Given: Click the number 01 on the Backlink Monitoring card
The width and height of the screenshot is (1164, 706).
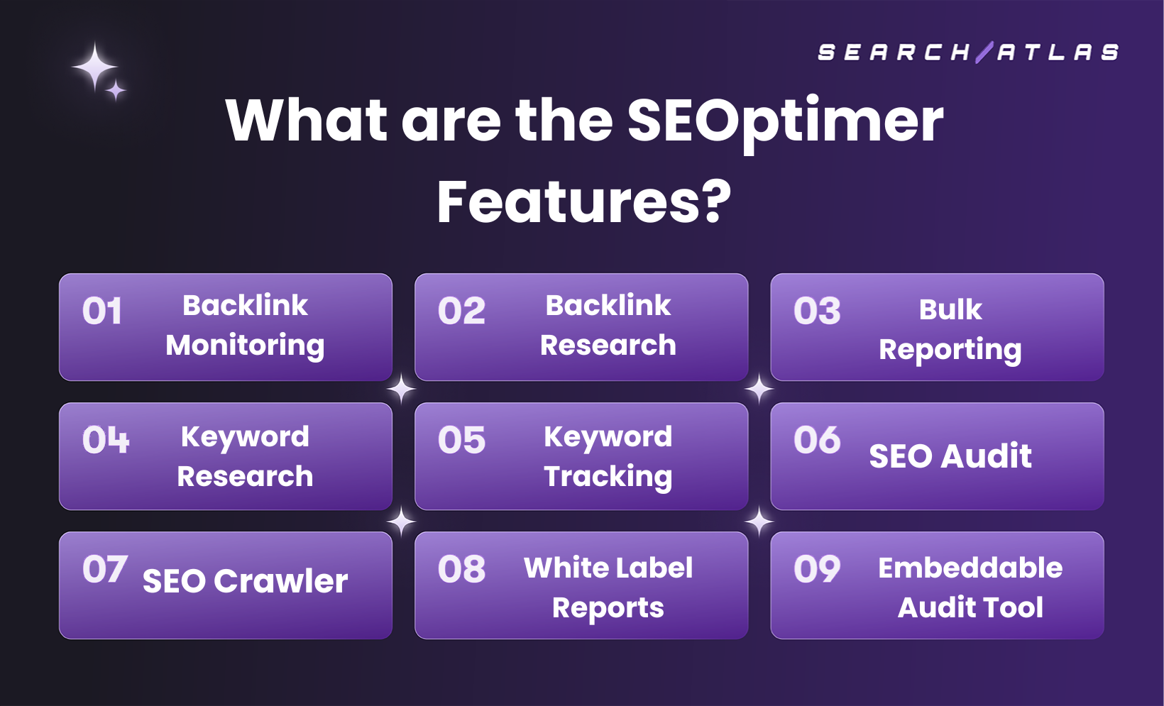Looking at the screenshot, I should pos(102,311).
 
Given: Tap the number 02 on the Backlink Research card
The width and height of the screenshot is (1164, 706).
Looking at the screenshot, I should pos(461,311).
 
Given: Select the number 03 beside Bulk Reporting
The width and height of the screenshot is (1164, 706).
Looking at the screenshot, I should pos(817,311).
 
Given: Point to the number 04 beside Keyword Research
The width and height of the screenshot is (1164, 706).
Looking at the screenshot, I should pos(106,441).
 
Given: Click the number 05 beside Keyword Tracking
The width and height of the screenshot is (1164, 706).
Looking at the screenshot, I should pos(461,441).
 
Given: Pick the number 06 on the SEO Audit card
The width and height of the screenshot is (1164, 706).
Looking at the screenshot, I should pos(817,441).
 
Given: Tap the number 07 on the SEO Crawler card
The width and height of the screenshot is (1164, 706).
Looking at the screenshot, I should pos(105,570).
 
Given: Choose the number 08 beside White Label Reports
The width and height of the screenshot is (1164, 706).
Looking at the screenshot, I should pos(461,570).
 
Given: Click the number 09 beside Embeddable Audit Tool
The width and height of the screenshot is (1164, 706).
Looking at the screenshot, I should pos(817,570).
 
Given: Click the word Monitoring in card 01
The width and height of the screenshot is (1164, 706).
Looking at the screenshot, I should pos(245,346).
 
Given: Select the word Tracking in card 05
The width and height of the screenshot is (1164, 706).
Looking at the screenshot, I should pos(608,477).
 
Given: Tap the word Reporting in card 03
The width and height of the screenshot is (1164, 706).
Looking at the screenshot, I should pos(950,350).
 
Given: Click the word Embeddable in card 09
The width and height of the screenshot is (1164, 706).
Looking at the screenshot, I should pos(970,568).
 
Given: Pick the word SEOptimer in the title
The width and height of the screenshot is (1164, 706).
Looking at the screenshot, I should pos(785,121).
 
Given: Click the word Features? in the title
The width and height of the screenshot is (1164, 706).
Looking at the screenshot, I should pos(583,202).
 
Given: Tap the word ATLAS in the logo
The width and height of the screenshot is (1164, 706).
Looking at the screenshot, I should pos(1058,53).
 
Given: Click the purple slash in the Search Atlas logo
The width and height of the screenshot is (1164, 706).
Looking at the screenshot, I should pos(984,53).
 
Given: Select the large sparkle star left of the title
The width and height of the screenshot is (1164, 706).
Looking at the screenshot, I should pos(94,67).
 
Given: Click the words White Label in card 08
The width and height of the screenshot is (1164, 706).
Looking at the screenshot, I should pos(608,568).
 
